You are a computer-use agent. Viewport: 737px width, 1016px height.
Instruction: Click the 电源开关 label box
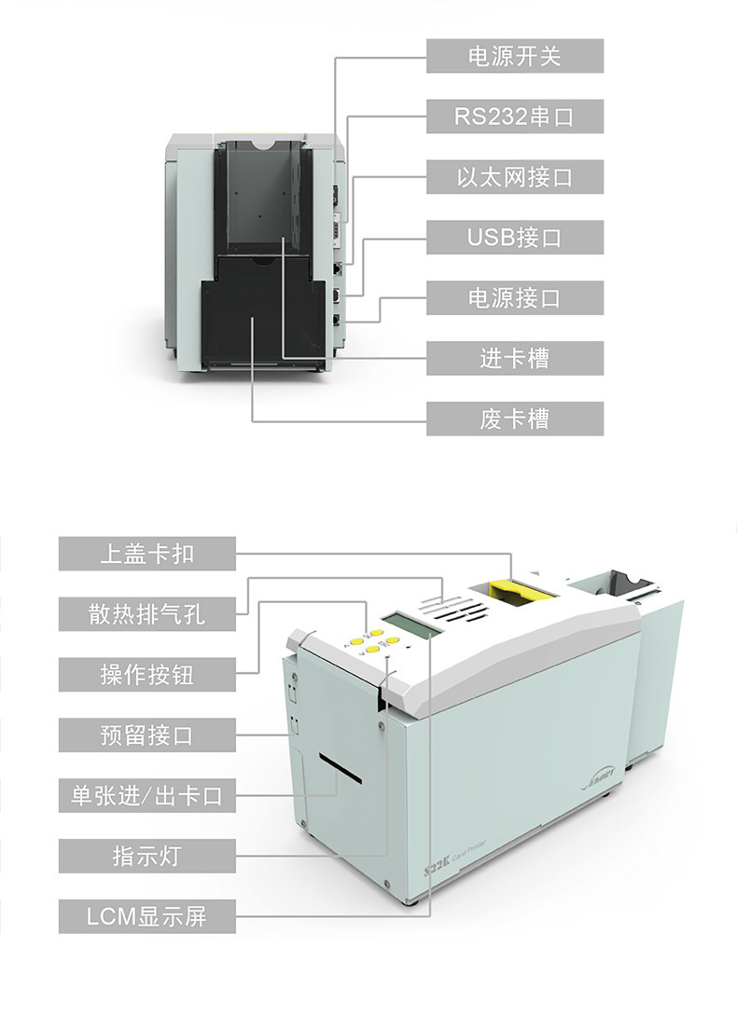point(515,57)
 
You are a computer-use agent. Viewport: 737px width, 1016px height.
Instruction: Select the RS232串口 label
point(515,117)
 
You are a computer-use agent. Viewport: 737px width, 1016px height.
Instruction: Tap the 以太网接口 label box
point(515,177)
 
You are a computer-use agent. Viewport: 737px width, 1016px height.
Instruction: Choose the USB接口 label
point(515,238)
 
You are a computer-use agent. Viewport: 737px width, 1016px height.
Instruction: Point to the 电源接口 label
point(515,298)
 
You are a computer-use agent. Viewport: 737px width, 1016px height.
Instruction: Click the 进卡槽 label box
point(515,359)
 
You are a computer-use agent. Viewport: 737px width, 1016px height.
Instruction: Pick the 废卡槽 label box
point(515,419)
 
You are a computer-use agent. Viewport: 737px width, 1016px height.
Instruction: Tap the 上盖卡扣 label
point(147,554)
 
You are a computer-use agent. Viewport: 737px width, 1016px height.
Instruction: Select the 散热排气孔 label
point(147,613)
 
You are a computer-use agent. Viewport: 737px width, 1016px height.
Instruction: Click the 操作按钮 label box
point(147,674)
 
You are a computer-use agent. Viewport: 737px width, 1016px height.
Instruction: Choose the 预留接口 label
point(147,735)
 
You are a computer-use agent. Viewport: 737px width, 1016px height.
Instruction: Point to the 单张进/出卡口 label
point(147,795)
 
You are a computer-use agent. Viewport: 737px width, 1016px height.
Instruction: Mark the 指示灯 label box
point(147,856)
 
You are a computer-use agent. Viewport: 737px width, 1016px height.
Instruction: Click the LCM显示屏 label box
point(147,916)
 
